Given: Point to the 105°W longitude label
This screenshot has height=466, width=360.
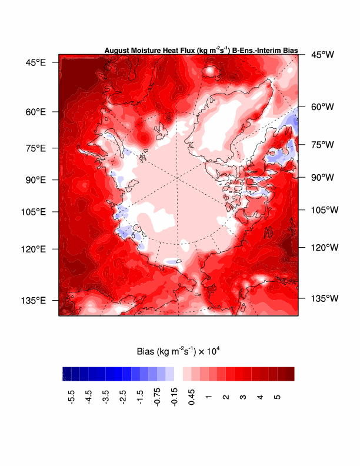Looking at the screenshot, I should [x=325, y=209].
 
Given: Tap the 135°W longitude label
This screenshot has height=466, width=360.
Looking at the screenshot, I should [x=325, y=298].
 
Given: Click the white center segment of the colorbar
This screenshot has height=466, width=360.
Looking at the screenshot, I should [x=179, y=374].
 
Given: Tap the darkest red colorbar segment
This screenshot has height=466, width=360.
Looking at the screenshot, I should [x=290, y=374].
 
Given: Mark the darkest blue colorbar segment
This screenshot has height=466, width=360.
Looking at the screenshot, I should [x=66, y=374].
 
